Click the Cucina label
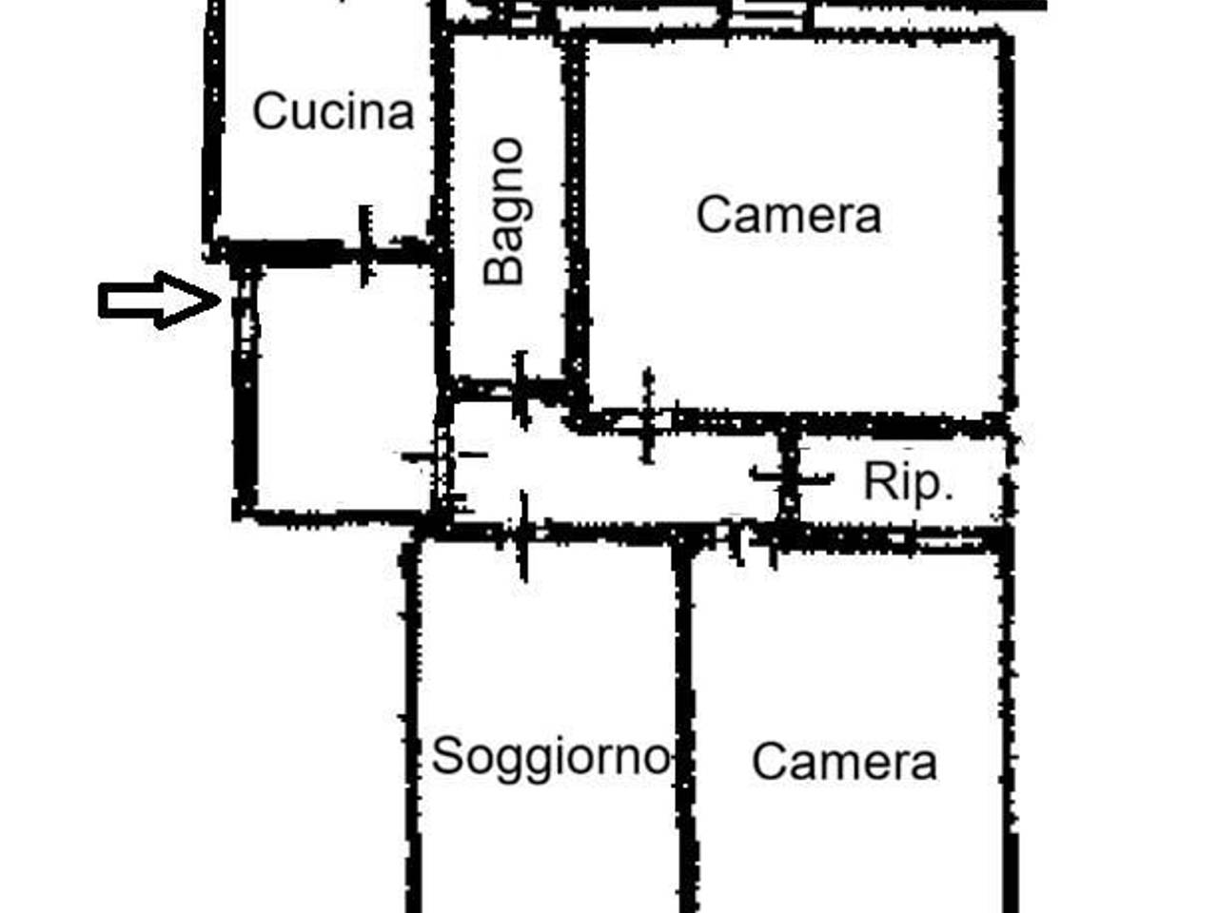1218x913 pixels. pyautogui.click(x=333, y=111)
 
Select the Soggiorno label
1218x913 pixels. pyautogui.click(x=551, y=757)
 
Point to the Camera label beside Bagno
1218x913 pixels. pyautogui.click(x=789, y=215)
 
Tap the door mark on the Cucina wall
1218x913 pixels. pyautogui.click(x=365, y=246)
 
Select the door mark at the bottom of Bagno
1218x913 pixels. pyautogui.click(x=520, y=390)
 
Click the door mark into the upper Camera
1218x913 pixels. pyautogui.click(x=648, y=416)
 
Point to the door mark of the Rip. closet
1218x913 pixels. pyautogui.click(x=790, y=476)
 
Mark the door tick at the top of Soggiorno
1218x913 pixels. pyautogui.click(x=523, y=535)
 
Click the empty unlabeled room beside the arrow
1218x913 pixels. pyautogui.click(x=344, y=388)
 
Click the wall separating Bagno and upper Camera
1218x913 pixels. pyautogui.click(x=576, y=222)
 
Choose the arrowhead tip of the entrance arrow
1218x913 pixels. pyautogui.click(x=221, y=301)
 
